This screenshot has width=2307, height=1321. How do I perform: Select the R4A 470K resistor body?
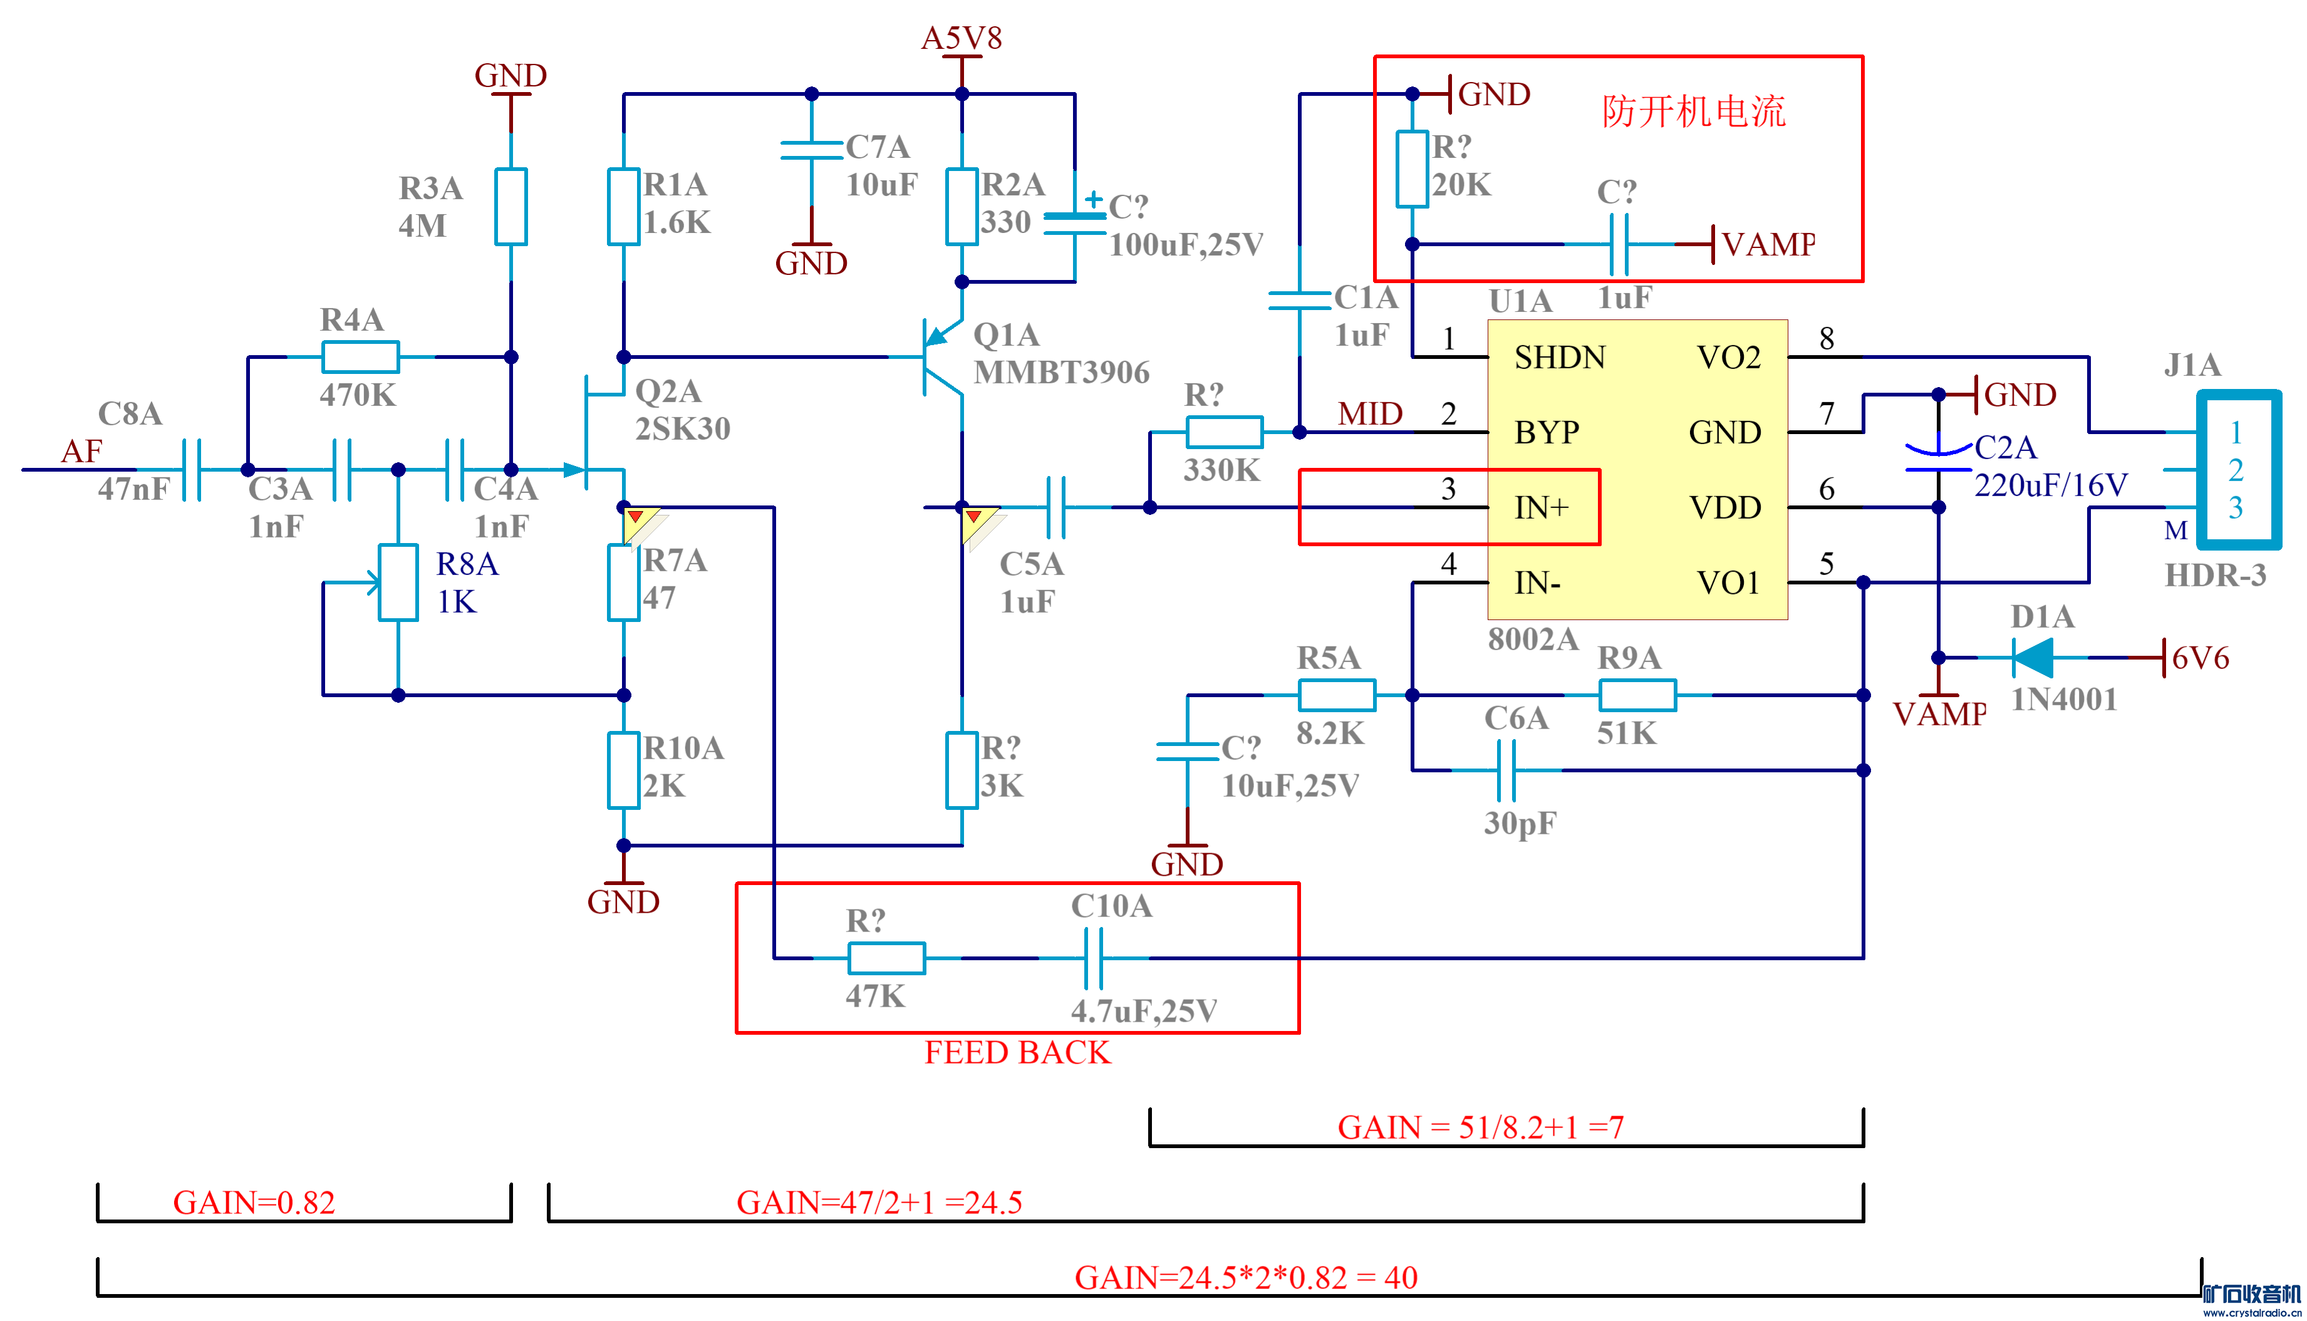pyautogui.click(x=360, y=356)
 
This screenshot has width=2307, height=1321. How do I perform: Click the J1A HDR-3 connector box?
pyautogui.click(x=2237, y=469)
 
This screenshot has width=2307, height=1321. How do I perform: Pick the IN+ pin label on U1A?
pyautogui.click(x=1542, y=507)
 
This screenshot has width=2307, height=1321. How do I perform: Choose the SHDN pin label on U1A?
pyautogui.click(x=1560, y=358)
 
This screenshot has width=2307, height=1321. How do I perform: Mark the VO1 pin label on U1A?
pyautogui.click(x=1728, y=583)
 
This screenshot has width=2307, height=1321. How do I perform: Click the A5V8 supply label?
pyautogui.click(x=962, y=38)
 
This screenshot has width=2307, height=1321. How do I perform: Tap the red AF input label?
pyautogui.click(x=81, y=451)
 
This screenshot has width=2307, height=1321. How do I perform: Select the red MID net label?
pyautogui.click(x=1370, y=414)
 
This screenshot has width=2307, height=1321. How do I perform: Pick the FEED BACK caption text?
pyautogui.click(x=1017, y=1052)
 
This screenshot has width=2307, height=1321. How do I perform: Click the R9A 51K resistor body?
pyautogui.click(x=1637, y=695)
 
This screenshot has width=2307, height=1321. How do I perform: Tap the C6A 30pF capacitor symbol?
pyautogui.click(x=1506, y=770)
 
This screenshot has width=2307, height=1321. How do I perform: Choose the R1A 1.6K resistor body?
pyautogui.click(x=623, y=206)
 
